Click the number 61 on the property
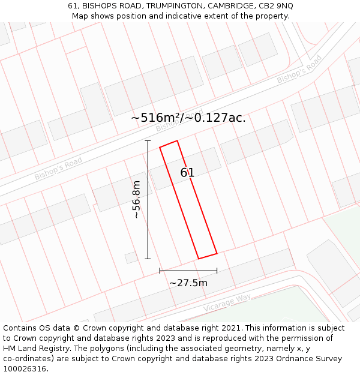coord(187,173)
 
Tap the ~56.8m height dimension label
coord(137,199)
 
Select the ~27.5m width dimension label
coord(188,283)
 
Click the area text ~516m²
coord(154,118)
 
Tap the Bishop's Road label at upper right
coord(299,70)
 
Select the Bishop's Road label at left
coord(58,169)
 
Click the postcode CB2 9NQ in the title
coord(273,5)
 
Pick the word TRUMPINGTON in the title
coord(176,5)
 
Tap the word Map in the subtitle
coord(80,16)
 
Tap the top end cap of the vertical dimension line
coord(148,141)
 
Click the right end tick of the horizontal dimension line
coord(217,271)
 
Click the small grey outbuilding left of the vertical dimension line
coord(131,257)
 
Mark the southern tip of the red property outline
coord(199,259)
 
